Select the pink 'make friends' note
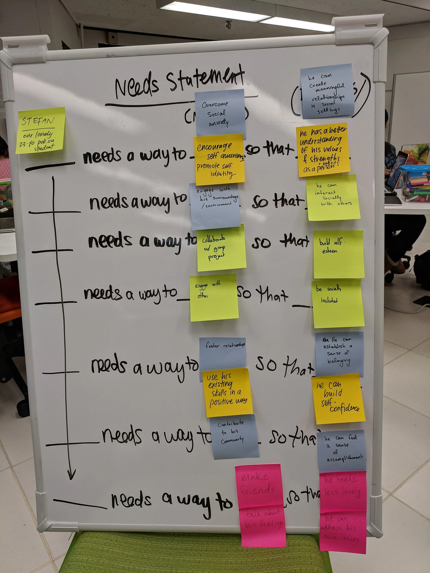[258, 485]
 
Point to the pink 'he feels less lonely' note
[343, 489]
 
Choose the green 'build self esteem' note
[338, 254]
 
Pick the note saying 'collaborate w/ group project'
[221, 248]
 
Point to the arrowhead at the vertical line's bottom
[71, 474]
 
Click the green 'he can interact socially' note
[333, 198]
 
